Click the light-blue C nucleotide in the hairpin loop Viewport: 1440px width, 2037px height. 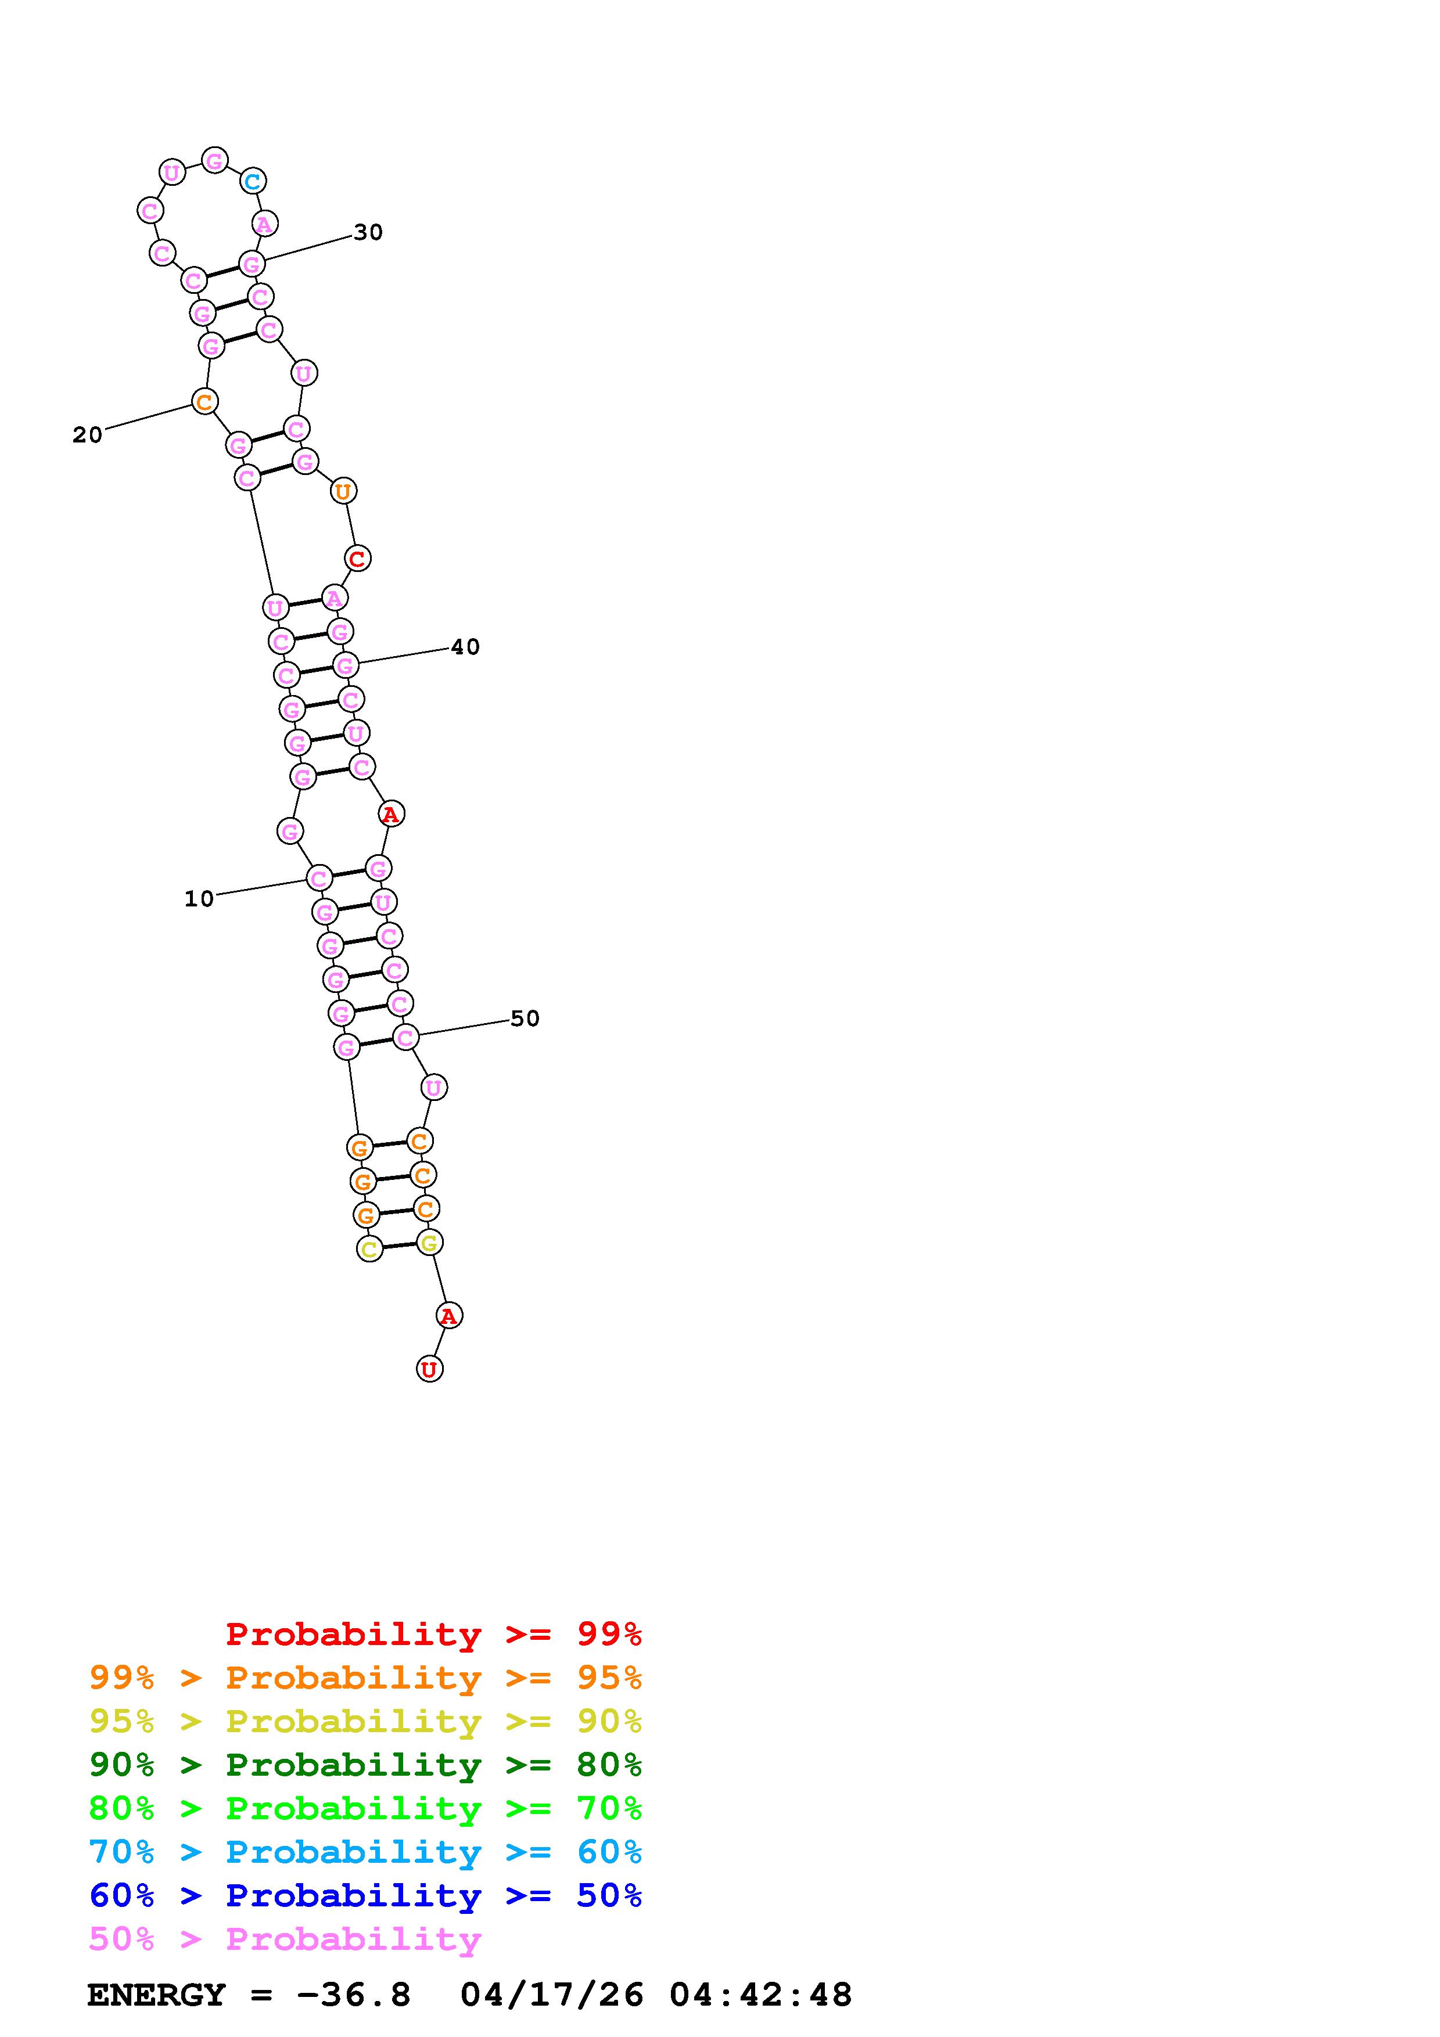[x=253, y=181]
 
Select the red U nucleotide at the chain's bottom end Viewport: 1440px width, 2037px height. [x=429, y=1369]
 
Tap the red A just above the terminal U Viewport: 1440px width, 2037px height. [x=449, y=1316]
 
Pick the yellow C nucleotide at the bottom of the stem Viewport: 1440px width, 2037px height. [x=369, y=1249]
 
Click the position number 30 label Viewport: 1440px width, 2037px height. [x=368, y=232]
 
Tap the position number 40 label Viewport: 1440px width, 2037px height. [x=465, y=647]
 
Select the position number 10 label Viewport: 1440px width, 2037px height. [x=199, y=899]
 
